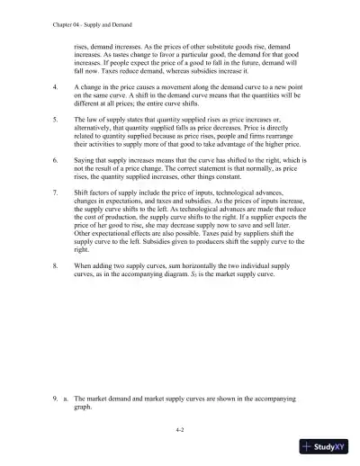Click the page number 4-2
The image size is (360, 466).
[180, 431]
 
